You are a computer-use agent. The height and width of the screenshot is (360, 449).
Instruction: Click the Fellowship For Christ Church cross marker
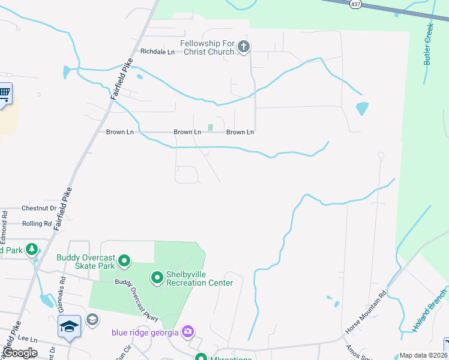point(244,47)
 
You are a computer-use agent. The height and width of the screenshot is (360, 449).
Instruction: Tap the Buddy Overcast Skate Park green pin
point(124,260)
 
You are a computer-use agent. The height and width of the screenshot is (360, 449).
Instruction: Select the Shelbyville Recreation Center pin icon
point(157,277)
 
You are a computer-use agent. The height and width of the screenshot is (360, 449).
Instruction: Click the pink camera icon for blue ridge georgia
point(188,331)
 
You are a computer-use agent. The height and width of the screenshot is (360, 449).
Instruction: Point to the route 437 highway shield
point(355,4)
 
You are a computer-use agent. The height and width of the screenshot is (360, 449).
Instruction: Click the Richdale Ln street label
point(157,52)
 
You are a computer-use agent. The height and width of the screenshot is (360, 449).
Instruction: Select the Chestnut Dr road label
point(38,208)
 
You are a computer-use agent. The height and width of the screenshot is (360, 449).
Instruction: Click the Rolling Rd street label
point(37,223)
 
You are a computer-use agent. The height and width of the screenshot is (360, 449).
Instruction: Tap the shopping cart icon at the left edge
point(4,93)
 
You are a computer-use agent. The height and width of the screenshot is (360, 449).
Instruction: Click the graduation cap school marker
point(69,326)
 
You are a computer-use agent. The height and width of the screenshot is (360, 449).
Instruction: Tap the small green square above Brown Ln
point(210,127)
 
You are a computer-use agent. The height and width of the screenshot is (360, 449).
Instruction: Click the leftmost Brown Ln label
point(119,132)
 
